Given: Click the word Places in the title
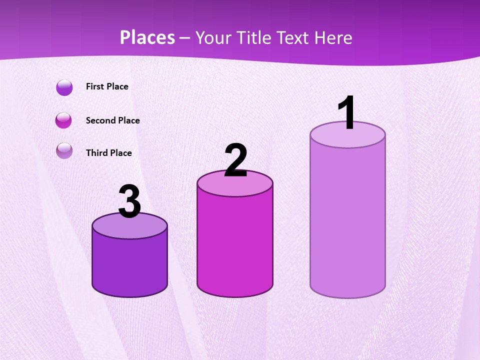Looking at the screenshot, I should (147, 37).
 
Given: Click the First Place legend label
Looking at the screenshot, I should (107, 86).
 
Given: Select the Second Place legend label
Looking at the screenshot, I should (112, 120).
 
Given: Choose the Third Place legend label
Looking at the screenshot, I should (108, 153).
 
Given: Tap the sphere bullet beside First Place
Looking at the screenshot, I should (64, 87).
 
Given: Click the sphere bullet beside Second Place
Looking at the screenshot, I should (64, 120).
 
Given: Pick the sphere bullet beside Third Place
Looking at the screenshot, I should (64, 150).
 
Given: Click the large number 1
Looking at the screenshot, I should (346, 112).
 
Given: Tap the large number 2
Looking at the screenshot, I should (236, 160).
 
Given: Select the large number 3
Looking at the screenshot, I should (129, 202).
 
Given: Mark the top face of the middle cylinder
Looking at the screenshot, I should (235, 184).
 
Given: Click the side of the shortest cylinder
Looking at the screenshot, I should (129, 265).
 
